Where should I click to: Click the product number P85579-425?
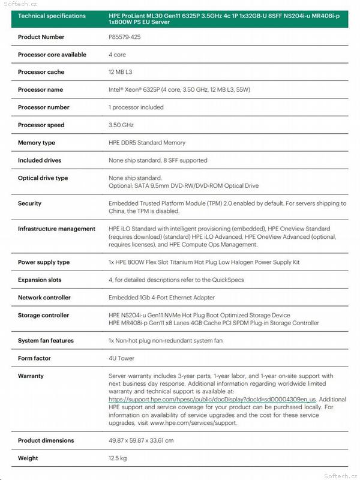point(125,37)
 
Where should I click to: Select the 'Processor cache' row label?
point(41,72)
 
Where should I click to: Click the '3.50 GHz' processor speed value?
point(121,125)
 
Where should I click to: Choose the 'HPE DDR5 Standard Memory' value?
point(147,143)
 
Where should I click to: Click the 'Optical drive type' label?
point(43,178)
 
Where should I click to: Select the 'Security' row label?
point(29,203)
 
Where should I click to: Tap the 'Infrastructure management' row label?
point(56,229)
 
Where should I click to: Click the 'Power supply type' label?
point(44,262)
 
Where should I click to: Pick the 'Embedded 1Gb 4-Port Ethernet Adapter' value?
point(161,298)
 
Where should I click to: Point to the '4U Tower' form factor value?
point(122,358)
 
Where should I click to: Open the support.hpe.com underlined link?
point(212,399)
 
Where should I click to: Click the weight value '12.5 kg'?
point(118,458)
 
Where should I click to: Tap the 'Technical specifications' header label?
point(52,16)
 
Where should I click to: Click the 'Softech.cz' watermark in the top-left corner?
point(16,4)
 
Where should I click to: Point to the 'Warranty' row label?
point(31,376)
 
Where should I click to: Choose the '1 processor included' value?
point(136,107)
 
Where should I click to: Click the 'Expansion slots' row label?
point(40,280)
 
